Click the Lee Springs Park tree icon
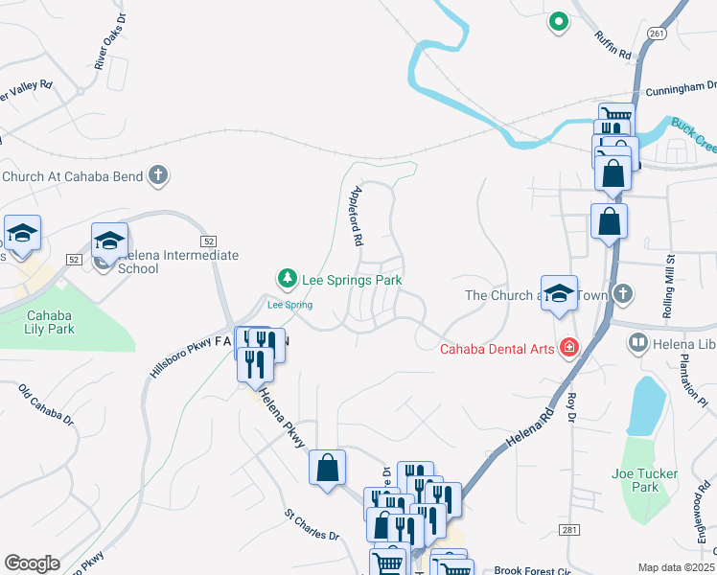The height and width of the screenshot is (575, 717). tap(286, 279)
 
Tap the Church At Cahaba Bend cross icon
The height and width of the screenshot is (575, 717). tap(159, 175)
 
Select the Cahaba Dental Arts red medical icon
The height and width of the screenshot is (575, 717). tap(569, 348)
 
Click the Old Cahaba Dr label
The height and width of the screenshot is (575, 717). tap(47, 405)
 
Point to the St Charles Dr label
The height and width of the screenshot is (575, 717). tap(312, 525)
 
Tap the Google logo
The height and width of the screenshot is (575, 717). tap(32, 563)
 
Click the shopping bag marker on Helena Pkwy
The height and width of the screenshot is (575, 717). tap(328, 468)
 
